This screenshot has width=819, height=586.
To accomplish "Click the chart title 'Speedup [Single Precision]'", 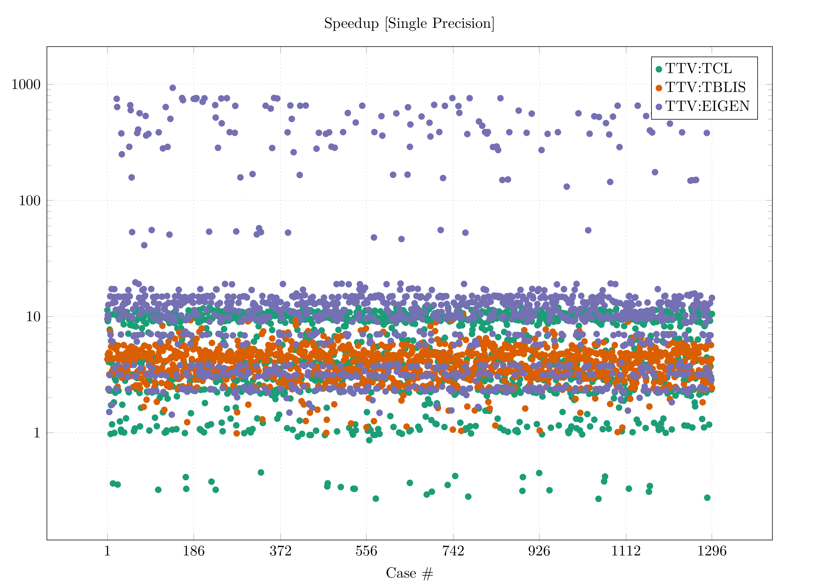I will pos(409,23).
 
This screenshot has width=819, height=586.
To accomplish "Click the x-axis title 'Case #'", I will pos(409,573).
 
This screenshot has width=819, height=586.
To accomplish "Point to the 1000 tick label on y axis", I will pos(26,84).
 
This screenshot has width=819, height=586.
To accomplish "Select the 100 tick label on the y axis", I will pos(30,201).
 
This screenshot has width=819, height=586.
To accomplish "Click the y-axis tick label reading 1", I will pos(37,433).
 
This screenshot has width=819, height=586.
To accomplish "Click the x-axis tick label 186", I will pos(194,551).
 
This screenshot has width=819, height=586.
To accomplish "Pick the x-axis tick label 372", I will pos(280,551).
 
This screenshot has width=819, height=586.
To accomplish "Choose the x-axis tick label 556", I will pos(366,551).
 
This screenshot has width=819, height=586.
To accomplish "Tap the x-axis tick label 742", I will pos(453,551).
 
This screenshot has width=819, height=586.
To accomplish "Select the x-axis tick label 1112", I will pos(625,551).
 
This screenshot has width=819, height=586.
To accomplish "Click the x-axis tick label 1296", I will pos(712,551).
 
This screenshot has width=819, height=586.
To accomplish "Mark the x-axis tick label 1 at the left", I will pos(107,551).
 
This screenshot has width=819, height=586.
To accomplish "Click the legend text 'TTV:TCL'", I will pos(699,69).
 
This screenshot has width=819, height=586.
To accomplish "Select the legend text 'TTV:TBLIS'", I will pos(705,87).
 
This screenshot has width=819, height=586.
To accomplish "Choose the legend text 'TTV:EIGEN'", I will pos(708,106).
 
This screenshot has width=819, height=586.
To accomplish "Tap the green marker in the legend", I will pos(659,69).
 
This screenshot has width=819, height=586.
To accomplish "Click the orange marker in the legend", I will pos(659,88).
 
